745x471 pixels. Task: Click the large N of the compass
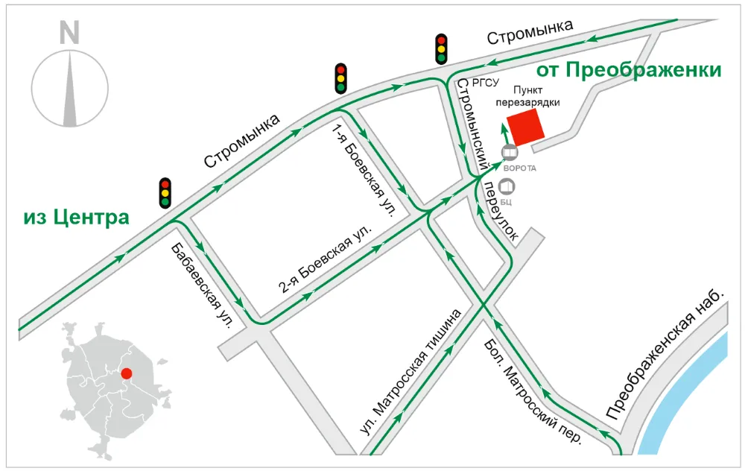pyautogui.click(x=69, y=32)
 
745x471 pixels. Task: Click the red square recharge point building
pyautogui.click(x=524, y=127)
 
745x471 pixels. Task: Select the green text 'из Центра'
pyautogui.click(x=76, y=218)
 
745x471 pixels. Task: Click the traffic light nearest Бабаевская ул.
pyautogui.click(x=165, y=192)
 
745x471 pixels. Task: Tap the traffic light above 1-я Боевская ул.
pyautogui.click(x=340, y=78)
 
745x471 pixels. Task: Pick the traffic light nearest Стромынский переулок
pyautogui.click(x=442, y=49)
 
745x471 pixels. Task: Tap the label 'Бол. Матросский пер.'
pyautogui.click(x=532, y=391)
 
